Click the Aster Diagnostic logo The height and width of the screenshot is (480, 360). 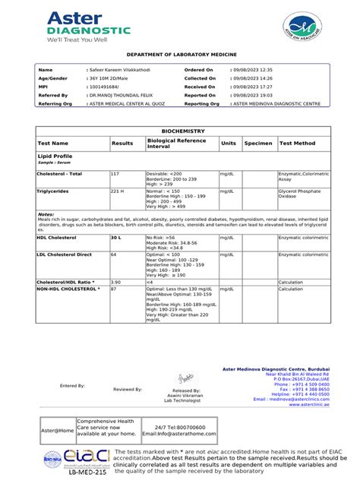point(87,27)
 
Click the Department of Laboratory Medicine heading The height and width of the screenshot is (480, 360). point(181,55)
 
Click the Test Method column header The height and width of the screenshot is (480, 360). point(298,143)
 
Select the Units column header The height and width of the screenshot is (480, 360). point(229,143)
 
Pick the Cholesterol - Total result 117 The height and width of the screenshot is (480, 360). point(115,174)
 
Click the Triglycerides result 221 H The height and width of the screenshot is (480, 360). point(117,192)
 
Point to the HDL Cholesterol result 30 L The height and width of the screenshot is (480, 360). point(116,238)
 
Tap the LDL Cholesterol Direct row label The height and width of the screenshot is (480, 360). point(65,254)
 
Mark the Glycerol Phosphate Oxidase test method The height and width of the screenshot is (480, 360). point(300,194)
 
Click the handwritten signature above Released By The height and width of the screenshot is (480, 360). point(185,377)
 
